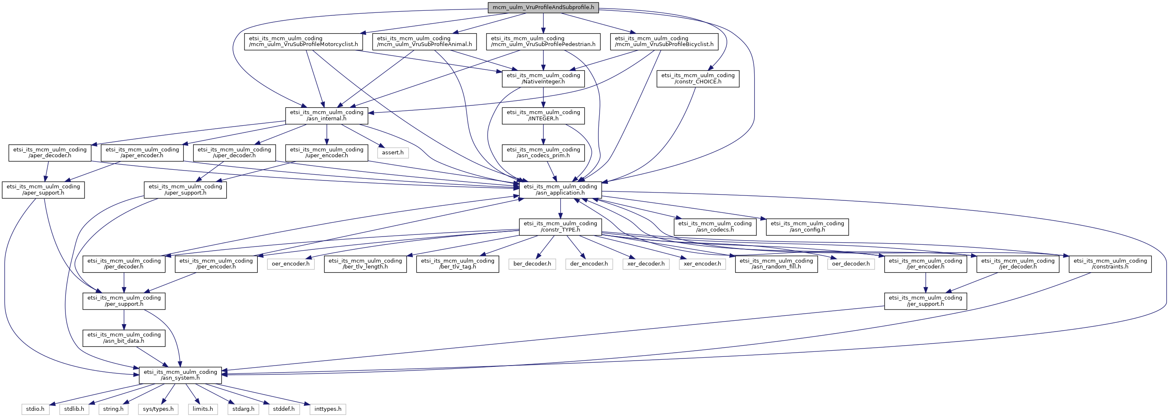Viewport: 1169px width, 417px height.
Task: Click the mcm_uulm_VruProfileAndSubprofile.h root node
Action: point(543,7)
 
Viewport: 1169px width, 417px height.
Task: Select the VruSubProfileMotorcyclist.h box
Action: point(303,41)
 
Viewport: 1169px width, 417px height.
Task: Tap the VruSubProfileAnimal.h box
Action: point(424,41)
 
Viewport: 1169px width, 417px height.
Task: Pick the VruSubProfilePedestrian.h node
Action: point(543,41)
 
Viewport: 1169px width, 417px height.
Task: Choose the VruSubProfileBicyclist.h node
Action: point(664,41)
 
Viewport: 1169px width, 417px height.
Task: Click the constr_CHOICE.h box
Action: point(697,78)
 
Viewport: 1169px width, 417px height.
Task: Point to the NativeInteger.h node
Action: point(543,78)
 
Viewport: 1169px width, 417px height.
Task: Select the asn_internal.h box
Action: point(327,115)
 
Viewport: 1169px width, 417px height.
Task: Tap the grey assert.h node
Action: point(392,153)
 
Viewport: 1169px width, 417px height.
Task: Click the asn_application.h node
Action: point(560,190)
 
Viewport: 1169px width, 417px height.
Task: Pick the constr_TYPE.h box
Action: point(560,227)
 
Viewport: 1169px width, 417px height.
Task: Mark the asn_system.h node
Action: point(180,375)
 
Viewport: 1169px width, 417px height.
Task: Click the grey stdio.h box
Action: point(35,409)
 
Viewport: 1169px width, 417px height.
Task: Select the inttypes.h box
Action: point(328,409)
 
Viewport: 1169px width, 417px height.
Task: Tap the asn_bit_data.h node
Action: point(124,337)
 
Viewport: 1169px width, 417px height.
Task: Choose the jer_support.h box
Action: point(925,301)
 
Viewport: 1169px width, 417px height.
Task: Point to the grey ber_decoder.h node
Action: point(532,263)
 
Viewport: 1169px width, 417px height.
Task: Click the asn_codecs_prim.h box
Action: point(543,153)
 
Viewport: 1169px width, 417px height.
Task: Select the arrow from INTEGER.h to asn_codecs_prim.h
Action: point(543,134)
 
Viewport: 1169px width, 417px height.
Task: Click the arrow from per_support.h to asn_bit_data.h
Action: point(124,319)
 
